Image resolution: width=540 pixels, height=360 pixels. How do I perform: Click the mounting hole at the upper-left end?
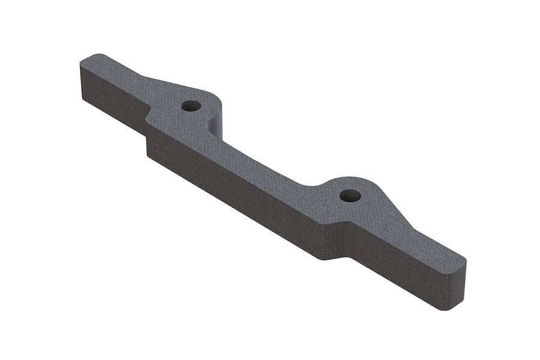tap(191, 106)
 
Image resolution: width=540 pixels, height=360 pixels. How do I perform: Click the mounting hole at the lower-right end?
tap(349, 196)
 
